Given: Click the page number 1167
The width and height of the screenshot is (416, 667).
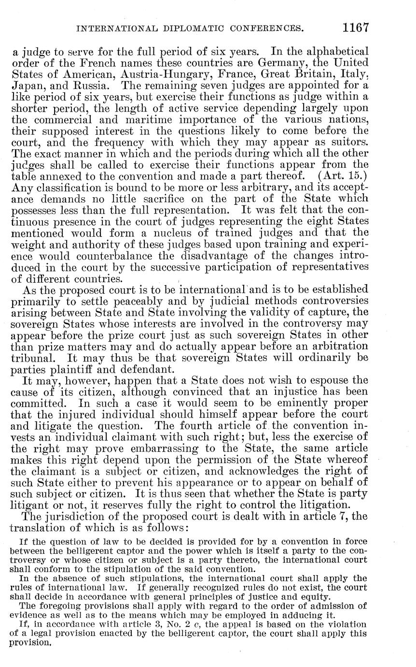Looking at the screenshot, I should pos(356,28).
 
